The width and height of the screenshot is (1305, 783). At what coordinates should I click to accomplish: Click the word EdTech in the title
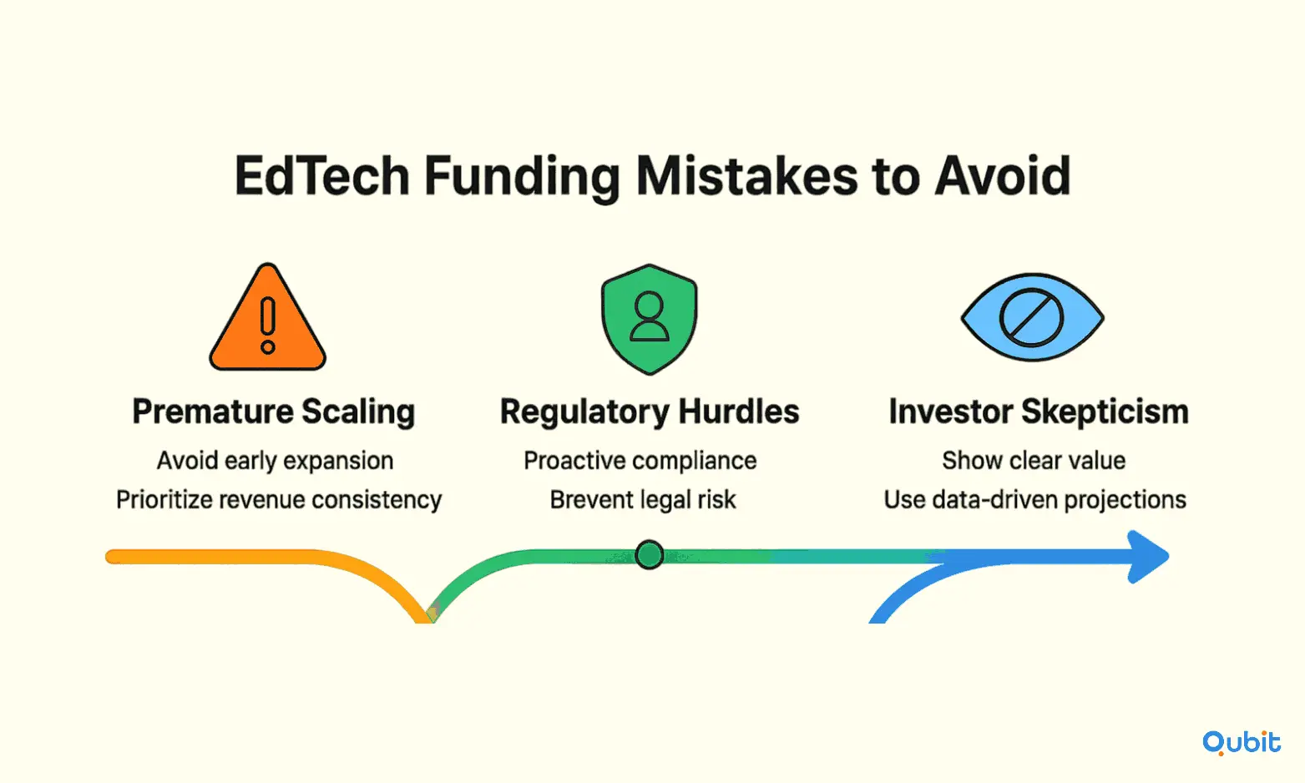[322, 175]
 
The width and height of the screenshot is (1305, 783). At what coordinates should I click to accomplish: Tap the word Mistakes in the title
[746, 175]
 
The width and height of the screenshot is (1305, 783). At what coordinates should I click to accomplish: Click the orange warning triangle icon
[267, 317]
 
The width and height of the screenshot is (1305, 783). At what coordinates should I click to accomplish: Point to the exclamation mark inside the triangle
[268, 325]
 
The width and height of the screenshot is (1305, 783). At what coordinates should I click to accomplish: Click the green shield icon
[649, 319]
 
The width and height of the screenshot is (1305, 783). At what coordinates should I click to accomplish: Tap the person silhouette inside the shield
[649, 316]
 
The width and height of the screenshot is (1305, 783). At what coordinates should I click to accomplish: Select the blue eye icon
[1032, 317]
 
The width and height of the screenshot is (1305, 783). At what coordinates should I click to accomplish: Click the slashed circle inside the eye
[1032, 318]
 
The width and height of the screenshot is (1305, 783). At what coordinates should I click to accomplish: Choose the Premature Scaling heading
[274, 412]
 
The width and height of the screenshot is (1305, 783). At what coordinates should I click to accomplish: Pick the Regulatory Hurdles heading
[650, 412]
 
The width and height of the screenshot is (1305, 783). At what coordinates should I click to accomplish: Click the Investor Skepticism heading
[1039, 412]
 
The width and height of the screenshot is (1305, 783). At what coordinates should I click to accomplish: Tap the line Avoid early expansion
[275, 461]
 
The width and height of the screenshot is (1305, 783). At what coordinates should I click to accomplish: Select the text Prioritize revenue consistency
[279, 500]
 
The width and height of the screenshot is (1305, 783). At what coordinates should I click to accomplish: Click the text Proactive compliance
[640, 461]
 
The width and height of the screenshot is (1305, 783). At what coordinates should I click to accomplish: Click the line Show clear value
[1034, 461]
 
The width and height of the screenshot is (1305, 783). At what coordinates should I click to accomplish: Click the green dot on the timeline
[649, 554]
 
